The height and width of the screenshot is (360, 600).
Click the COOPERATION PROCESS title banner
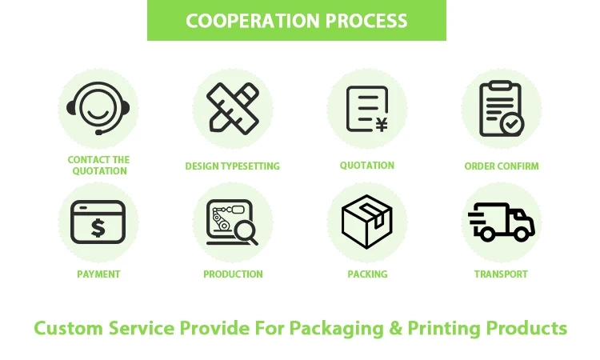(296, 21)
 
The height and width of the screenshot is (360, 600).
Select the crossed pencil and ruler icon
(233, 108)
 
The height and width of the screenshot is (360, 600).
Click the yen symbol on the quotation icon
(382, 124)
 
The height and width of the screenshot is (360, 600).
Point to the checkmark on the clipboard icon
(512, 124)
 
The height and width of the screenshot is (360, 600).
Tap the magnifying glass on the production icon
(244, 233)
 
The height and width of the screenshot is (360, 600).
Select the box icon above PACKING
(367, 222)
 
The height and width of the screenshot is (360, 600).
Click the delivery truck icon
(502, 222)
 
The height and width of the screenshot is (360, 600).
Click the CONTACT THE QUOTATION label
(98, 166)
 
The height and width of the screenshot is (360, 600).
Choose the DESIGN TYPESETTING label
(233, 166)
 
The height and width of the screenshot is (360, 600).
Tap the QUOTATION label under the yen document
(367, 166)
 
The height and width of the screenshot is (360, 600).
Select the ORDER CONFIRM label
(502, 166)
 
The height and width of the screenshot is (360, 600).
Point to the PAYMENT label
(98, 274)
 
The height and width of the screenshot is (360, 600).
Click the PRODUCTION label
(233, 274)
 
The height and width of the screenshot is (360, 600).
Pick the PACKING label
(367, 274)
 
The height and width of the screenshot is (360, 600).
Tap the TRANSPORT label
(502, 274)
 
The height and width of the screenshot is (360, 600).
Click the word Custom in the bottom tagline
(69, 328)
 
